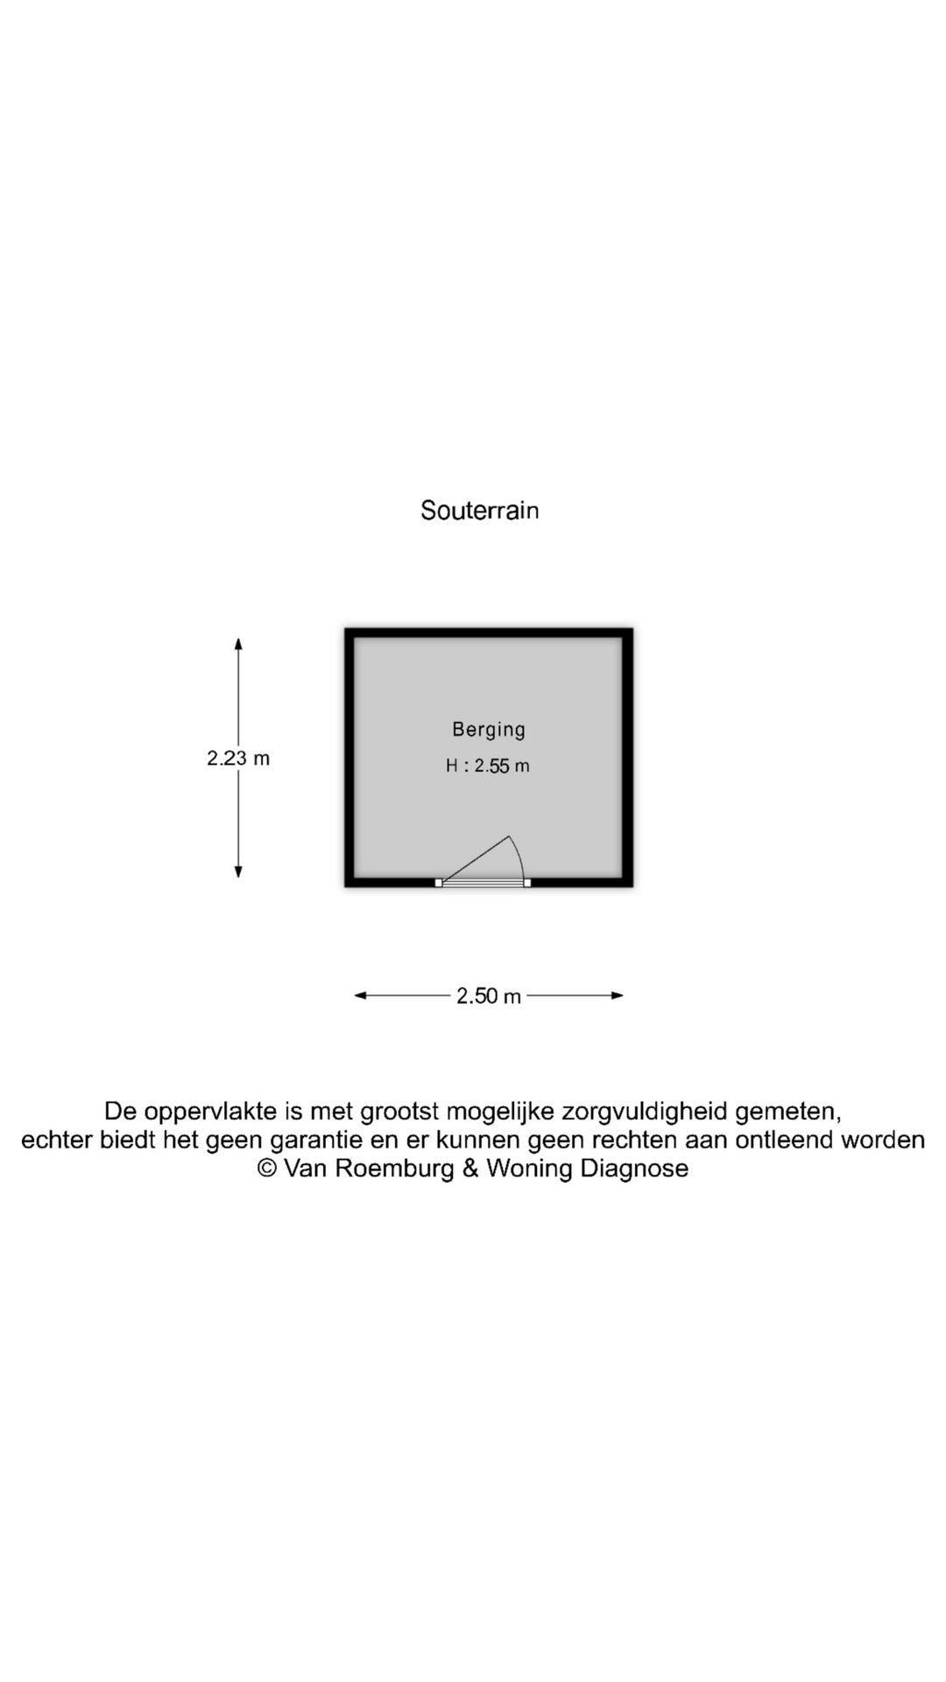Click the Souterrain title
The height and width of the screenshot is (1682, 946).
479,510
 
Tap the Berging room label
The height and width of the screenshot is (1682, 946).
489,730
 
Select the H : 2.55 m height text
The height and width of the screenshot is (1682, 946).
488,766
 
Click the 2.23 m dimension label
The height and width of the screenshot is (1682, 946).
238,759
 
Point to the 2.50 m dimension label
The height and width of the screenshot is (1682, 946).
489,996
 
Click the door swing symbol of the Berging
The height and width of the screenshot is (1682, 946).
484,861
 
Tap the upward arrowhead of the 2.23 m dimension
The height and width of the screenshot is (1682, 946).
238,644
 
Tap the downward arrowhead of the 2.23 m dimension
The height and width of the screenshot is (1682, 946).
238,871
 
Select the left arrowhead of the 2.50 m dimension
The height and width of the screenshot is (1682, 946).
361,995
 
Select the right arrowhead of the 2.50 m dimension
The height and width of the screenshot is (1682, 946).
617,995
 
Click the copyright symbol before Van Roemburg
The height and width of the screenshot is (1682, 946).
266,1169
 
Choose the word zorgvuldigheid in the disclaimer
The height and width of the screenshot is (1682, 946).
645,1113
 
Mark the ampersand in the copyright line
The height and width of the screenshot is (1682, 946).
470,1169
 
